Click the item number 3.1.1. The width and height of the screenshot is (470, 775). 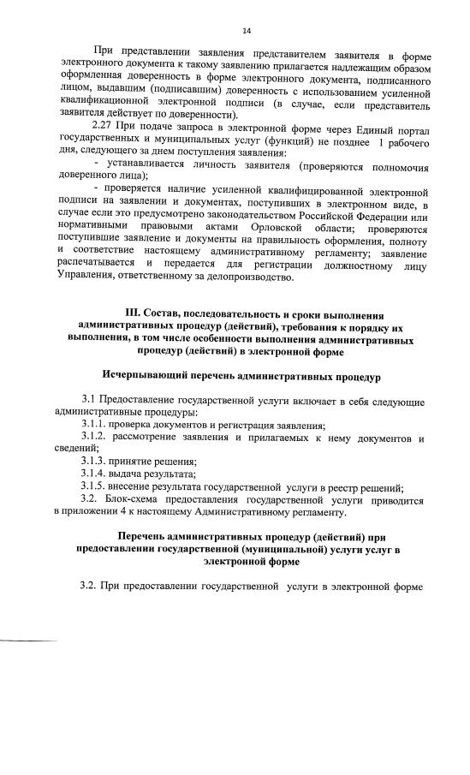coord(95,425)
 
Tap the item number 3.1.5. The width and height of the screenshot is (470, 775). coord(95,486)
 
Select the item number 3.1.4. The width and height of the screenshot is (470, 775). coord(95,474)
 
